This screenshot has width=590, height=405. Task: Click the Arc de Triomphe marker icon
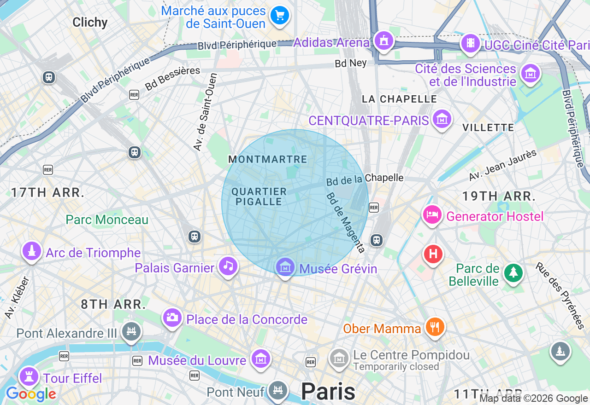point(31,251)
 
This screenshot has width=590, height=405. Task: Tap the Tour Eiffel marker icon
point(29,376)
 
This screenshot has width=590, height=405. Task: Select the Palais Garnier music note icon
point(228,266)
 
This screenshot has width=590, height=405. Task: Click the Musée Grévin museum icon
point(285,266)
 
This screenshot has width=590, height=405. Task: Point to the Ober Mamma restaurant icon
point(435,327)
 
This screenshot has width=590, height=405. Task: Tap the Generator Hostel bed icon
point(432,214)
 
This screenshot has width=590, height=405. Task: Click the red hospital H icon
point(433,254)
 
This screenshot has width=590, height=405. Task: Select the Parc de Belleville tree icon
point(513,272)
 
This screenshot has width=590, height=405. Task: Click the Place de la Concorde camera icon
point(172,317)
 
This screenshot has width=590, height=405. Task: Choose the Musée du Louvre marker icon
point(261,358)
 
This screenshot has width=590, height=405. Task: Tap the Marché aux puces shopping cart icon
point(279,16)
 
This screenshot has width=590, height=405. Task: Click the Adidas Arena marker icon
point(383,41)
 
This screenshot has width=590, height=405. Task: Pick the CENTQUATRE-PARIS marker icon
point(442,119)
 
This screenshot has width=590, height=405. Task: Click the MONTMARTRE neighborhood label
point(267,160)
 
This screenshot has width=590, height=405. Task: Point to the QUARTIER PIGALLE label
point(259,197)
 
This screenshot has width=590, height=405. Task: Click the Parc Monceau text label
point(107,220)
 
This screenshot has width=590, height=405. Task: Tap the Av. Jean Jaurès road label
point(503,165)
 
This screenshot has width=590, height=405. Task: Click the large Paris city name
point(328,392)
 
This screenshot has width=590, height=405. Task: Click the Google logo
point(31,394)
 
